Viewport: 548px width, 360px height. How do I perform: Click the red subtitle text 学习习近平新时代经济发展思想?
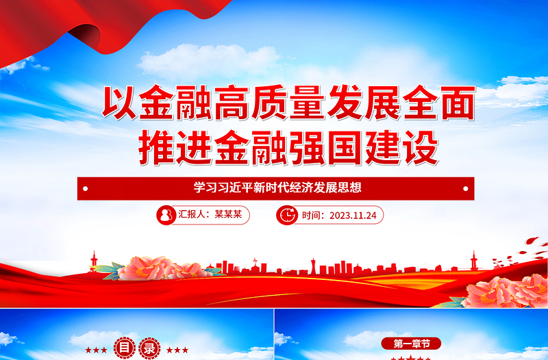(x=277, y=188)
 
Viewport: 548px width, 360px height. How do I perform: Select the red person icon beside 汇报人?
(x=165, y=215)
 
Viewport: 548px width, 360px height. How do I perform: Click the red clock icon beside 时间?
(x=286, y=215)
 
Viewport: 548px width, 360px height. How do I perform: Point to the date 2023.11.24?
(x=353, y=216)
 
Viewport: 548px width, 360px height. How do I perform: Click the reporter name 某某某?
(x=228, y=215)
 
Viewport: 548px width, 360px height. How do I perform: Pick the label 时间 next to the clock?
(x=313, y=216)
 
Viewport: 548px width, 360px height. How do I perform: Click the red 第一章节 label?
(x=411, y=342)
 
